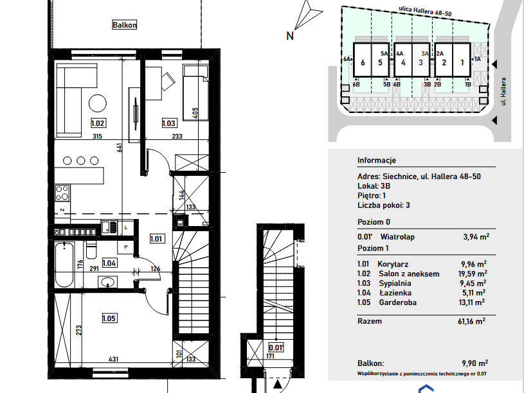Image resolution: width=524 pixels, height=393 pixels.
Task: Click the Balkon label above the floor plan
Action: point(124,24)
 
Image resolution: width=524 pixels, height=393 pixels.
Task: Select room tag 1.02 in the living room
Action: point(98,123)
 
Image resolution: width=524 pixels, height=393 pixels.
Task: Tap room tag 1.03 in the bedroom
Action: point(168,123)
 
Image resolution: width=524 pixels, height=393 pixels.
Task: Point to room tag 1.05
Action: point(109,319)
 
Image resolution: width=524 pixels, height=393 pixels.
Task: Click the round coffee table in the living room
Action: point(98,103)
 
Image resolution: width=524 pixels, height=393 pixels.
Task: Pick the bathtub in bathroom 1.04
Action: point(64,265)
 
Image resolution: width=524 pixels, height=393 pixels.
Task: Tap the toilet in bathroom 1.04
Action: point(91,250)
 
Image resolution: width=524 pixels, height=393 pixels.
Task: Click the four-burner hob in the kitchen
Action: point(62,193)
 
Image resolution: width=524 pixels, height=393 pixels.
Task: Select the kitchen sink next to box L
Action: point(109,227)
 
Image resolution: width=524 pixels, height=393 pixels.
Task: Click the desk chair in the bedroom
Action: point(168,82)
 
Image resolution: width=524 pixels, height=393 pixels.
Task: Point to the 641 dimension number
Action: point(120,147)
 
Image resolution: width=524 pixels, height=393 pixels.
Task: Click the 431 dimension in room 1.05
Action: point(113,359)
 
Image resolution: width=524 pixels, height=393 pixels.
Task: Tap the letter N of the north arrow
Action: point(290,36)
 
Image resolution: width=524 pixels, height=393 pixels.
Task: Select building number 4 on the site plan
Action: point(403,62)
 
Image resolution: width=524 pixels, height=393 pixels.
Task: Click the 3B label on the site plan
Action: point(427,85)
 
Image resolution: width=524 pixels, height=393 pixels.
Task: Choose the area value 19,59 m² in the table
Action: point(473,274)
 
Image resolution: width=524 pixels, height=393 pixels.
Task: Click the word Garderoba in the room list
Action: point(398,302)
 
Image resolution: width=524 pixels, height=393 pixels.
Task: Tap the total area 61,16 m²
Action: point(471,321)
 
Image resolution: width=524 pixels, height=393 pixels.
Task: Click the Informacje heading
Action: point(377,161)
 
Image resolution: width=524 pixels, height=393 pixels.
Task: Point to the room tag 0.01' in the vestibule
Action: point(276,347)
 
